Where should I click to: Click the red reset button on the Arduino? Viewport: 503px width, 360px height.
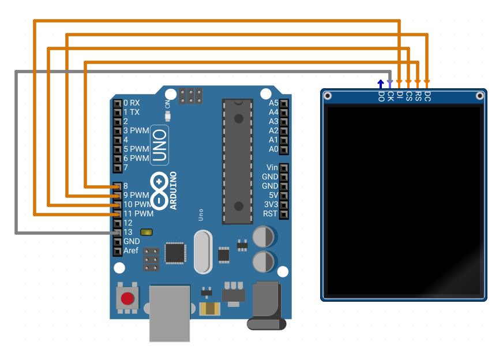[127, 298]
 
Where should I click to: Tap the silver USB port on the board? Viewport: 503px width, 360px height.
[170, 313]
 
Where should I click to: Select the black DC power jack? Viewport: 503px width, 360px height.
[266, 305]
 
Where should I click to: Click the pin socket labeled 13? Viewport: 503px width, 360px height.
[118, 232]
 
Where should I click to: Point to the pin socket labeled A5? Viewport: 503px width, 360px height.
[284, 103]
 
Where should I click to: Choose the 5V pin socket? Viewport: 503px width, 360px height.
[284, 196]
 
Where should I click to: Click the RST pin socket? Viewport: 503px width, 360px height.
[284, 214]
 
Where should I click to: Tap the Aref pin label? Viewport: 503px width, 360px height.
[131, 250]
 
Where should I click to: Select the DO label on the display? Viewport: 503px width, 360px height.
[381, 96]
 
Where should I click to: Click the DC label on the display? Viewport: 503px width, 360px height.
[427, 96]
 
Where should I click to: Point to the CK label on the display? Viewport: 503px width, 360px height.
[391, 96]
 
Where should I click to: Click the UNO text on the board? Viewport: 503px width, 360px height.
[159, 145]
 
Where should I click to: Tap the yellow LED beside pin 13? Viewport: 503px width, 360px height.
[147, 232]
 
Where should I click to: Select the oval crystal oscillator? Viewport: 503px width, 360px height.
[203, 252]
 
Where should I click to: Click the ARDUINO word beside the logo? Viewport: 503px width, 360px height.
[173, 190]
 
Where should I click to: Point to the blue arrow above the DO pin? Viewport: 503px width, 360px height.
[381, 84]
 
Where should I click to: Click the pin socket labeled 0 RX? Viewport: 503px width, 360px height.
[118, 103]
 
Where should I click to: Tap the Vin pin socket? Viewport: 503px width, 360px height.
[284, 168]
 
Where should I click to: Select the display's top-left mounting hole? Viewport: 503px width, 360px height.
[328, 96]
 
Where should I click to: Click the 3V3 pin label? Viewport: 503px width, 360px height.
[271, 205]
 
